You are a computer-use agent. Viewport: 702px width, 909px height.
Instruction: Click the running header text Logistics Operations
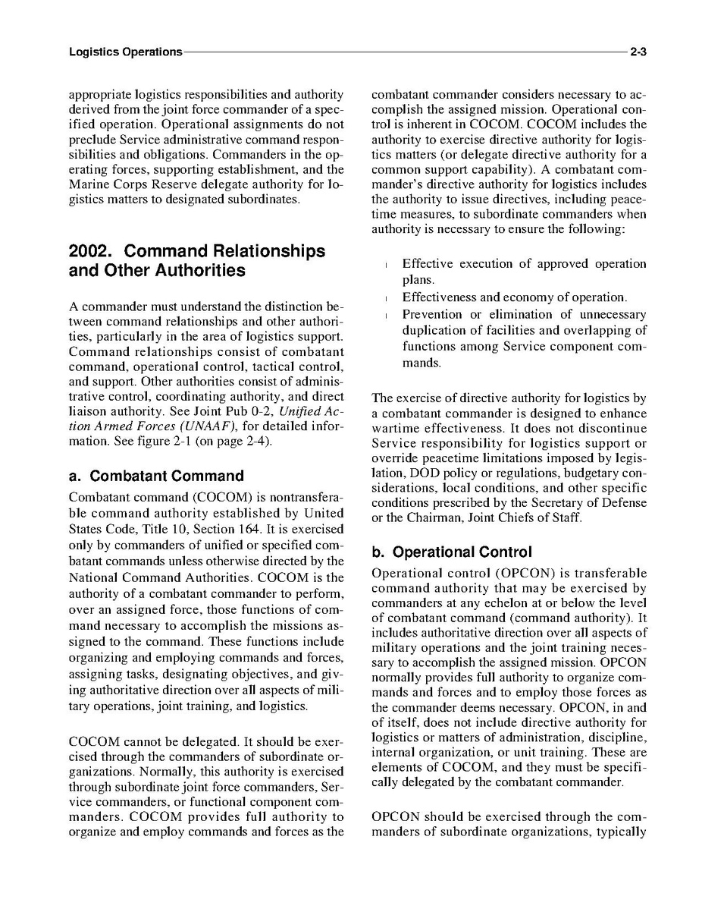click(x=125, y=52)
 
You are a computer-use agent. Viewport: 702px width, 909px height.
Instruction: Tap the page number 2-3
click(x=637, y=52)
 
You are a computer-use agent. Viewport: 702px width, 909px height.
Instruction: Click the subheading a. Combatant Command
click(x=156, y=477)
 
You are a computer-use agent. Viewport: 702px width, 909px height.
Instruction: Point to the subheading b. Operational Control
click(x=452, y=552)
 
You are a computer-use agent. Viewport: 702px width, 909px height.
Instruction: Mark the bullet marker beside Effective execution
click(x=387, y=266)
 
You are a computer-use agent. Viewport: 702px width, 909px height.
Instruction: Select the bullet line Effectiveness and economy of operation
click(x=515, y=297)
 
